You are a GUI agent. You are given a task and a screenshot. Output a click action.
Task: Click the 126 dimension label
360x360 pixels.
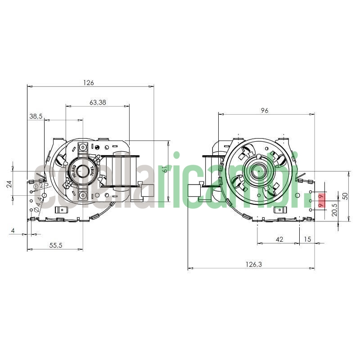tap(89, 82)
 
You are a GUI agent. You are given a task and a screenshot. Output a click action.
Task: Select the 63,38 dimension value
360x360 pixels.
tap(98, 102)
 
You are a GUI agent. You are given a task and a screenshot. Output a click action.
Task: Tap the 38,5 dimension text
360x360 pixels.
tap(36, 116)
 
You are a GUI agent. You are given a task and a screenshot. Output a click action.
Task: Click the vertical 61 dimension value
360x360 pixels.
tap(165, 170)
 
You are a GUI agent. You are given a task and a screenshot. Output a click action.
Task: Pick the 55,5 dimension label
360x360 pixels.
tap(56, 245)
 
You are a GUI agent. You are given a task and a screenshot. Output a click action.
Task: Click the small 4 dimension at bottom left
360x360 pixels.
tap(13, 231)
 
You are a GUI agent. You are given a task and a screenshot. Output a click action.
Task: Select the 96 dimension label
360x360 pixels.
tap(265, 110)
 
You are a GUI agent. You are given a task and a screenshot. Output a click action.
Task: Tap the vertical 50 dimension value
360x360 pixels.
tap(345, 196)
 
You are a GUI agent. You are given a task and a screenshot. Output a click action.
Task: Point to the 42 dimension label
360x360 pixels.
tap(279, 239)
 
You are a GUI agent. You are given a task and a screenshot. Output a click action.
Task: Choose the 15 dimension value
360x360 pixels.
tap(307, 239)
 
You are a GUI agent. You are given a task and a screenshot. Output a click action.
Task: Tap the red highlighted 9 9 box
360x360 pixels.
tap(321, 201)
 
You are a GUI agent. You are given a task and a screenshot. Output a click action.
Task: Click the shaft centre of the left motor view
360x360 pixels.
tap(83, 171)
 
